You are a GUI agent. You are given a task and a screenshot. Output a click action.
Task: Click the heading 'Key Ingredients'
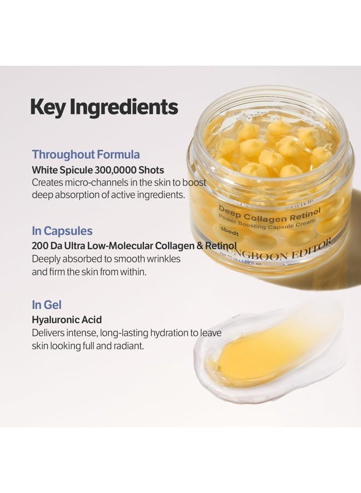click(104, 107)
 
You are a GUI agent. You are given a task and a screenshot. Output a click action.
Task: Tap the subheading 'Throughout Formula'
click(86, 154)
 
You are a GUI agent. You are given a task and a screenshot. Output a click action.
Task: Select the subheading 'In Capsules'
click(62, 231)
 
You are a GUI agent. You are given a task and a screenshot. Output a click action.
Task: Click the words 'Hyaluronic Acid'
click(67, 319)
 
